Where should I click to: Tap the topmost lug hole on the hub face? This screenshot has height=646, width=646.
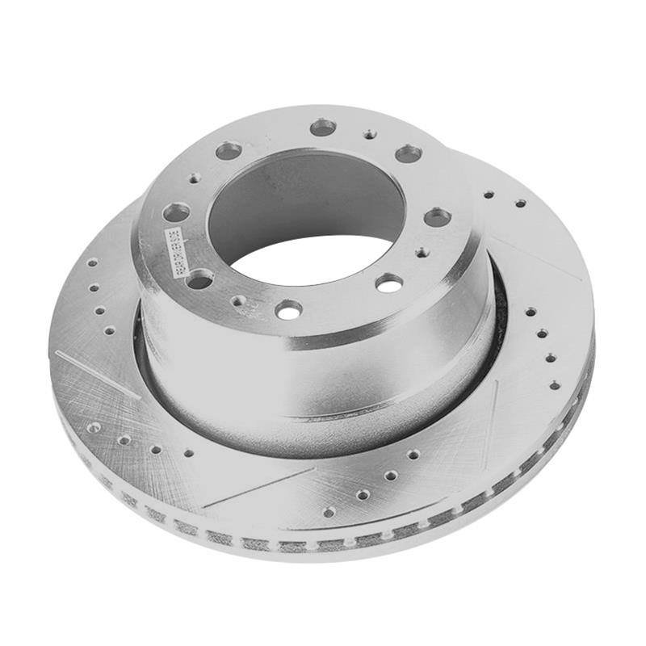coord(323,128)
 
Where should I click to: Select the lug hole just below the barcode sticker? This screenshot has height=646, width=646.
coord(199,279)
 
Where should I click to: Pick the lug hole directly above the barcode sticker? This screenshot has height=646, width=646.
coord(176,213)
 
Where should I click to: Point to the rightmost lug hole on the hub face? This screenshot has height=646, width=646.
coord(437,216)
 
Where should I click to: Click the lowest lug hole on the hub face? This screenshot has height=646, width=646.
coord(288,309)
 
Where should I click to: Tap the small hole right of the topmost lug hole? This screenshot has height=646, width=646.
coord(369,134)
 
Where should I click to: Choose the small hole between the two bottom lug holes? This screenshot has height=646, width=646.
coord(238,300)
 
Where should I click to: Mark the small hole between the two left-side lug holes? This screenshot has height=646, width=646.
coord(195,178)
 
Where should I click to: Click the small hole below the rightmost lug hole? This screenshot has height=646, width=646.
coord(422,252)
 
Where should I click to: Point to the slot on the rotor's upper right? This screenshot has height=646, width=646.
coord(533,258)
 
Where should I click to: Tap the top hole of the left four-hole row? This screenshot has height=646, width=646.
coord(91,262)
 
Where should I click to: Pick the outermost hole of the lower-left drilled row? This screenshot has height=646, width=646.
coord(94,427)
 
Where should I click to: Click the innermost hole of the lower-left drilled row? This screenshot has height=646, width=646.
coord(188,453)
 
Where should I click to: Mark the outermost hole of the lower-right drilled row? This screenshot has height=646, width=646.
coord(329,512)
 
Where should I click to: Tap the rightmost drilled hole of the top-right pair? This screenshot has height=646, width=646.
coord(520,203)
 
